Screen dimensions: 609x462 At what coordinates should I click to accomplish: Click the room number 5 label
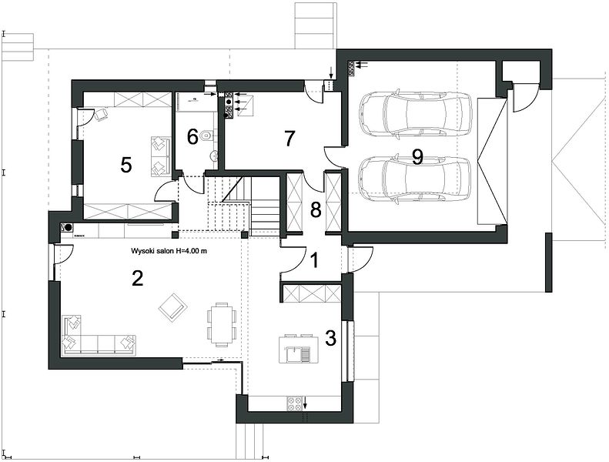pos(125,165)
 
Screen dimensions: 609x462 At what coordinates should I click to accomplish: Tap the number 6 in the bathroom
pos(192,137)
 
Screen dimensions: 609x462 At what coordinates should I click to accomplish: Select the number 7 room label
pos(289,139)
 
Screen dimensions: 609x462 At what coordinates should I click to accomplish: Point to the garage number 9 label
pos(417,157)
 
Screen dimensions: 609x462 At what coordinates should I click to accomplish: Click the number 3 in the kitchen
pos(330,338)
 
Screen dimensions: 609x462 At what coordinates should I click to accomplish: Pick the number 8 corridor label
pos(316,210)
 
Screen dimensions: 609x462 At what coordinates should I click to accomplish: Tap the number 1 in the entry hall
pos(315,260)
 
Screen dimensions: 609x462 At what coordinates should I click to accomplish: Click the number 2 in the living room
pos(138,278)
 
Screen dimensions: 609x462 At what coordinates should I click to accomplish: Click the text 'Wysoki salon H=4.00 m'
pos(169,251)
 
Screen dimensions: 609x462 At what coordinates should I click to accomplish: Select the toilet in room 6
pos(206,136)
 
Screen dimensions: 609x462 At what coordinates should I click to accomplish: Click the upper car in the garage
pos(415,114)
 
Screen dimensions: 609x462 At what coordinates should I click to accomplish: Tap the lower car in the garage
pos(415,179)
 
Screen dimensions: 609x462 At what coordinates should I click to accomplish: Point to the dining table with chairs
pos(222,324)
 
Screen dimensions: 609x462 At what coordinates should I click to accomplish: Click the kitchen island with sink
pos(299,349)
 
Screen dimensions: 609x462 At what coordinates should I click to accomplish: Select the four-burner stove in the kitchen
pos(294,403)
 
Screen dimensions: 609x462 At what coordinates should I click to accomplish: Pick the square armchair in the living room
pos(173,306)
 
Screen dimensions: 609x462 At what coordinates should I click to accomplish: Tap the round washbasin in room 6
pos(212,156)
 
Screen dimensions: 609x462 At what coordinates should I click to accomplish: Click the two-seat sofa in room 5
pos(160,156)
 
